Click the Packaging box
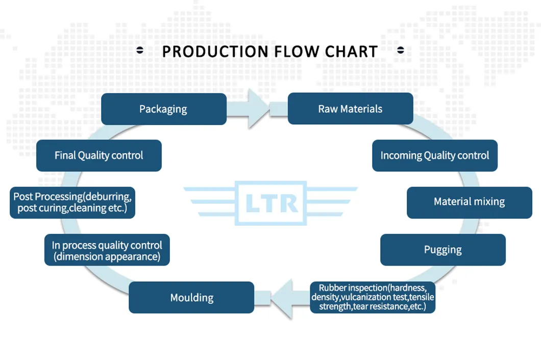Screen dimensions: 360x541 tap(163, 109)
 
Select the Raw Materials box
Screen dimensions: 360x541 tap(350, 109)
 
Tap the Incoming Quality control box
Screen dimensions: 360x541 tap(434, 155)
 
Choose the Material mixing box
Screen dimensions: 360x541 tap(469, 202)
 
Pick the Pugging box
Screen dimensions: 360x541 tap(442, 250)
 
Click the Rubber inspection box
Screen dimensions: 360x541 tap(373, 297)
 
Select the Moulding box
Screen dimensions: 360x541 tap(191, 297)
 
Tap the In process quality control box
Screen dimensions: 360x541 tap(107, 250)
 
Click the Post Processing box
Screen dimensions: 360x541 tap(72, 202)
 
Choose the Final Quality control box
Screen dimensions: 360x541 tap(99, 155)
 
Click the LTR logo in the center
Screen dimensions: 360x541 tap(271, 203)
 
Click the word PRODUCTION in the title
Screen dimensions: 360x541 tap(215, 52)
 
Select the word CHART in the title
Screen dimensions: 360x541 tap(352, 52)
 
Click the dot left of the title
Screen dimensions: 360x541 tap(140, 50)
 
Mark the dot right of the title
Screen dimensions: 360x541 tap(401, 50)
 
